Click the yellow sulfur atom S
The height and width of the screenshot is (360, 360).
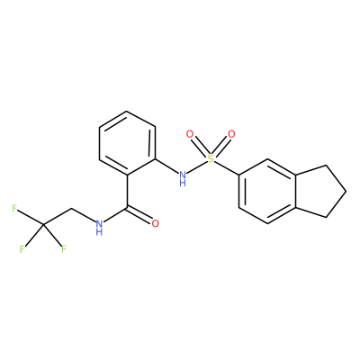coord(211,159)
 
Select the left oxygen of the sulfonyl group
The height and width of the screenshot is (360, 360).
coord(190,134)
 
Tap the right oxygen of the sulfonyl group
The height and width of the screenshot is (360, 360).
coord(231,134)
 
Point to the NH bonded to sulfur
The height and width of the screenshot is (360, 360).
coord(182,177)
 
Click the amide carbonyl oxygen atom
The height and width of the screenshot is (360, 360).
coord(155,223)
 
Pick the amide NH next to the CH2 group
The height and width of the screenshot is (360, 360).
coord(99,227)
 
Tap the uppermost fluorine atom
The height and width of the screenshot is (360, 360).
coord(14,208)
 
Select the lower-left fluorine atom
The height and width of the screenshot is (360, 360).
coord(22,249)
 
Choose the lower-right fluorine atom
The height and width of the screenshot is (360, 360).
coord(64,249)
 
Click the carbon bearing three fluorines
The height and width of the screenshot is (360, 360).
coord(43,224)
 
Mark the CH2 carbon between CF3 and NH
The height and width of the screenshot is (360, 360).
coord(71,208)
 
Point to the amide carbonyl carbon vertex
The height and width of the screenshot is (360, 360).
coord(128,208)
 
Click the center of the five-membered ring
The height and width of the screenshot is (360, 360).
coord(317,191)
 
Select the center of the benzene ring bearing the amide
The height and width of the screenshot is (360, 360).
coord(128,143)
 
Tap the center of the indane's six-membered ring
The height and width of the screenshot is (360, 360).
coord(267,191)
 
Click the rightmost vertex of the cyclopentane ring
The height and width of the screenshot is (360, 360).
coord(346,191)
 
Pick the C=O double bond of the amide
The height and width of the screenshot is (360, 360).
coord(140,216)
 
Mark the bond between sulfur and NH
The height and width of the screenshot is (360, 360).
coord(197,167)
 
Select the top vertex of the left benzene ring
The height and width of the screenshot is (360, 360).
coord(128,111)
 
